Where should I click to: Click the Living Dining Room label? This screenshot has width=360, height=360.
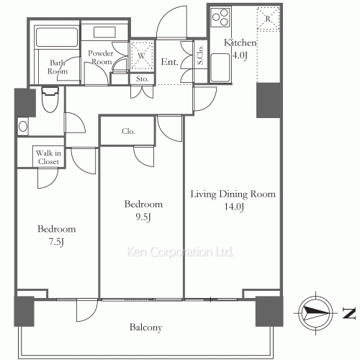tap(233, 194)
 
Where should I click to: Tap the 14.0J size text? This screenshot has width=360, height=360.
tap(234, 207)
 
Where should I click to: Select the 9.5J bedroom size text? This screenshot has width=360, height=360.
tap(143, 217)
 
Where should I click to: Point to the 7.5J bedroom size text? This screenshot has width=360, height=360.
tap(56, 242)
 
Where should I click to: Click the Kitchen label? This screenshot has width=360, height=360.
tap(240, 42)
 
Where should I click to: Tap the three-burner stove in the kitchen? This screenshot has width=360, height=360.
tap(220, 17)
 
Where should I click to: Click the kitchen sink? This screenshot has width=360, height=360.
tap(220, 68)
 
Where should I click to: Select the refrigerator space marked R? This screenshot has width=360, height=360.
tap(268, 19)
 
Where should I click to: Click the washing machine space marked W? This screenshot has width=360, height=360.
tap(142, 56)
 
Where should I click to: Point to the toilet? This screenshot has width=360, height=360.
tap(50, 99)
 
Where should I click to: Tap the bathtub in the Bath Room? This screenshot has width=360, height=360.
tap(57, 37)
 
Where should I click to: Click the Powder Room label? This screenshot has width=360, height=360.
tap(101, 58)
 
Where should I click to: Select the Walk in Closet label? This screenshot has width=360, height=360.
tap(48, 157)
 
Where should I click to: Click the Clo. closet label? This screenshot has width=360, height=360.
tap(128, 131)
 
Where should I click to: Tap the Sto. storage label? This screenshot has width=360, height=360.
tap(142, 78)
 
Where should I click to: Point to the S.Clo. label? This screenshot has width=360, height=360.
tap(200, 55)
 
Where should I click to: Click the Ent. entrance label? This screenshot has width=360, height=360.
tap(169, 62)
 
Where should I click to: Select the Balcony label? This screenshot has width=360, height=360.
tap(145, 328)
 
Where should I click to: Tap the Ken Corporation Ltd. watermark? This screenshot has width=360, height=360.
tap(180, 252)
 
